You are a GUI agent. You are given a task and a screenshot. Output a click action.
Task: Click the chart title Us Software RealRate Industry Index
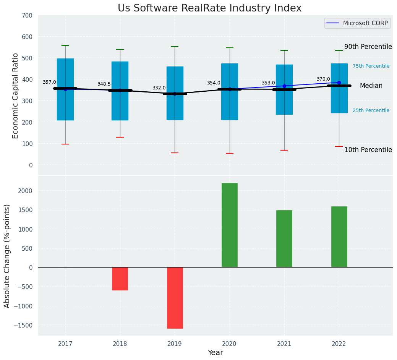[x=209, y=8]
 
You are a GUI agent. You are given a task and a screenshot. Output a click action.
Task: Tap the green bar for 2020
[x=229, y=225]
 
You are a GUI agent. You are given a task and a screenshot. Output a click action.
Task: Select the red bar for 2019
[x=175, y=298]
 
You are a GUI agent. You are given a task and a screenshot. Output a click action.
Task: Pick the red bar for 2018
[x=120, y=279]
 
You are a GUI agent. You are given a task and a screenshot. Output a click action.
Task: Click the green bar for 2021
[x=284, y=238]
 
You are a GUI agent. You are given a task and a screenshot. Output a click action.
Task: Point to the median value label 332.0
[x=159, y=88]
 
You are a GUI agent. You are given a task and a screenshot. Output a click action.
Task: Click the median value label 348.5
[x=104, y=84]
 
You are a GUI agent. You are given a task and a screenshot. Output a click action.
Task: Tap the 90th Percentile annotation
[x=368, y=47]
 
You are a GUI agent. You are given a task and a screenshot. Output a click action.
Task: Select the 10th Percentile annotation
[x=368, y=150]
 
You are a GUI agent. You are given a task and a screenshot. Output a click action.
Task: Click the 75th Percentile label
[x=371, y=66]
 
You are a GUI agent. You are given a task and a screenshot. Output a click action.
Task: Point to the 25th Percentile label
[x=371, y=110]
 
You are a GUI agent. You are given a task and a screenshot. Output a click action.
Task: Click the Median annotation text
[x=371, y=86]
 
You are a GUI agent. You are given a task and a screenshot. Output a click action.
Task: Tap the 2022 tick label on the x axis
[x=339, y=344]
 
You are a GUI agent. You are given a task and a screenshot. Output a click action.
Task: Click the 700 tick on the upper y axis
[x=29, y=16]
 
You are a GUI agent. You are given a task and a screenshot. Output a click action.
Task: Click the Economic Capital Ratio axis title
[x=16, y=96]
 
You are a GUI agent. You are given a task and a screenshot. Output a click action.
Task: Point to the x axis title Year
[x=215, y=353]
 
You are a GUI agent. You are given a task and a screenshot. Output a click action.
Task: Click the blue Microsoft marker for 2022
[x=339, y=83]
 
